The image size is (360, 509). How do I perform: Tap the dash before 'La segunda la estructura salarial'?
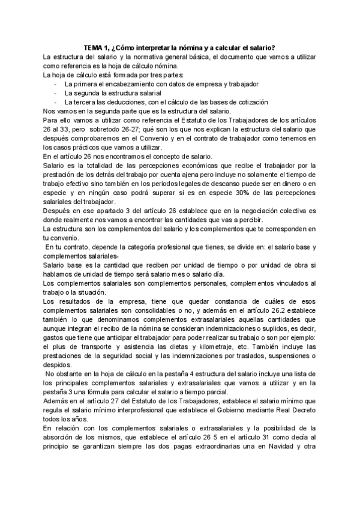(56, 93)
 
